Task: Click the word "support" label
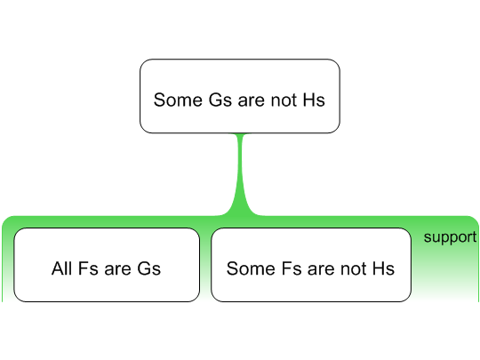click(450, 237)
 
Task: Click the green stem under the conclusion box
click(241, 174)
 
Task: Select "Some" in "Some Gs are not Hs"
click(178, 100)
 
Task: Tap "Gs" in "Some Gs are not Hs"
click(220, 100)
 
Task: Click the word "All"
click(61, 268)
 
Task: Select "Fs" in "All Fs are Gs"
click(88, 268)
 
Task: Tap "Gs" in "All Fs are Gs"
click(149, 268)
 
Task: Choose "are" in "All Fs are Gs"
click(118, 269)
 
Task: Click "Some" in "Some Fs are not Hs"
click(251, 268)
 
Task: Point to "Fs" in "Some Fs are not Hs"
click(292, 268)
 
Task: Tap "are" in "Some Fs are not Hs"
click(321, 269)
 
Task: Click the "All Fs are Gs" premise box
click(107, 265)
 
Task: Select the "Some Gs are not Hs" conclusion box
click(240, 96)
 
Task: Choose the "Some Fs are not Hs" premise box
click(311, 265)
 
